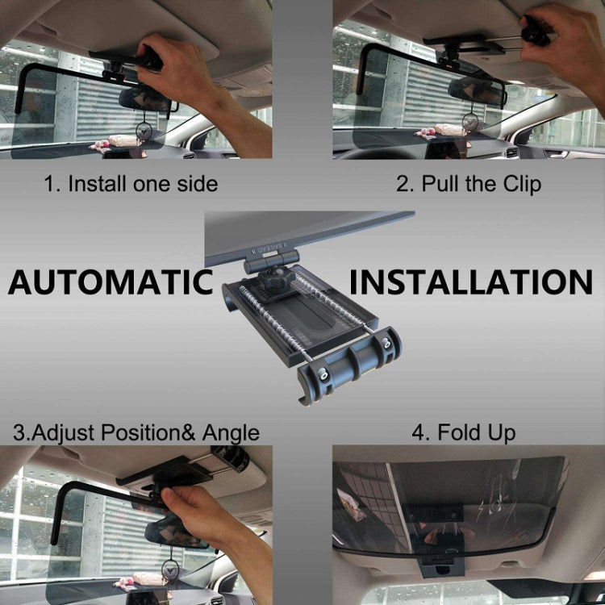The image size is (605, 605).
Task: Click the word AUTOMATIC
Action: coord(111,282)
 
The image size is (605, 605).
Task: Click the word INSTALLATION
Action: coord(471,282)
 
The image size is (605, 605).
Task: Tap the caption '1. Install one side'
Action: coord(131,184)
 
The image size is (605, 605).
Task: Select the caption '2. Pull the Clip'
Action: coord(468,184)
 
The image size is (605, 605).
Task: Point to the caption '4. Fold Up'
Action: coord(463,432)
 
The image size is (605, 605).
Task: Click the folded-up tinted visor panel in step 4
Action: coord(452,500)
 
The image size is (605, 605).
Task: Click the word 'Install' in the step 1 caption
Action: coord(98,184)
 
